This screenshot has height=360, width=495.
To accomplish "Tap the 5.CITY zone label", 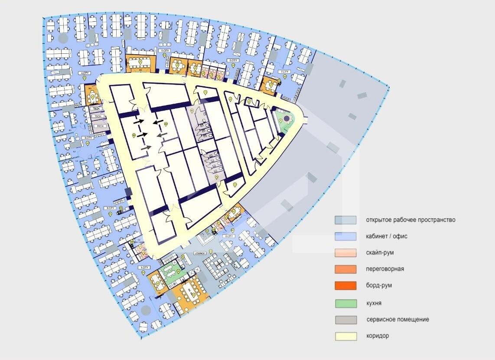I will (165, 51).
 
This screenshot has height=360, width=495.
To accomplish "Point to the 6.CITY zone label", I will (234, 60).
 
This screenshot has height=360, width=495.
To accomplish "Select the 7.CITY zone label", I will (284, 71).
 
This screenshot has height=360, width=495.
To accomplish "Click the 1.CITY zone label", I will (145, 268).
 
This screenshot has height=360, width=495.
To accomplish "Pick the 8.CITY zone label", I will (229, 236).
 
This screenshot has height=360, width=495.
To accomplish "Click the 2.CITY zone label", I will (110, 208).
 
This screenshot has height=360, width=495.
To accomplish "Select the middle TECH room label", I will (99, 117).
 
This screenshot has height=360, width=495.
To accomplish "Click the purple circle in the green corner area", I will (286, 120).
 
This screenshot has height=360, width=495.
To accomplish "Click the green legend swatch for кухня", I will (345, 303).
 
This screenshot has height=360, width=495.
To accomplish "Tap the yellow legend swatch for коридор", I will (345, 336).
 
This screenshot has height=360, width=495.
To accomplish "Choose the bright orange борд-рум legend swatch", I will (345, 286).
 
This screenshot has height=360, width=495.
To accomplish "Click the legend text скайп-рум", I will (380, 252).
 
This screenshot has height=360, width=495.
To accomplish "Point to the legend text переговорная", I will (385, 269).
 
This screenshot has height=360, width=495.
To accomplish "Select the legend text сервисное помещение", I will (397, 320).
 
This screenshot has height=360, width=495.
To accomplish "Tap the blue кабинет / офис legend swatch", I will (345, 236).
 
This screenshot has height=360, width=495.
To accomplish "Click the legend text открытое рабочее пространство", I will (410, 220).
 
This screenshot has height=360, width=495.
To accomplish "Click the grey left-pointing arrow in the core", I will (160, 137).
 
